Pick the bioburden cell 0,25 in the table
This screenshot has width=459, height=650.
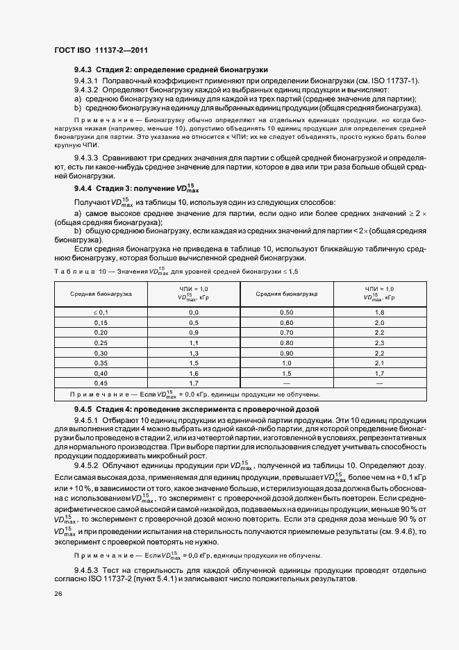tap(101, 343)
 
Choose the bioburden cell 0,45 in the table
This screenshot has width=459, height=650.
tap(101, 383)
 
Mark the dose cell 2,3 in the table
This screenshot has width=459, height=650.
tap(379, 343)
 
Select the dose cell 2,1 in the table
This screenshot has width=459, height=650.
tap(379, 362)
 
